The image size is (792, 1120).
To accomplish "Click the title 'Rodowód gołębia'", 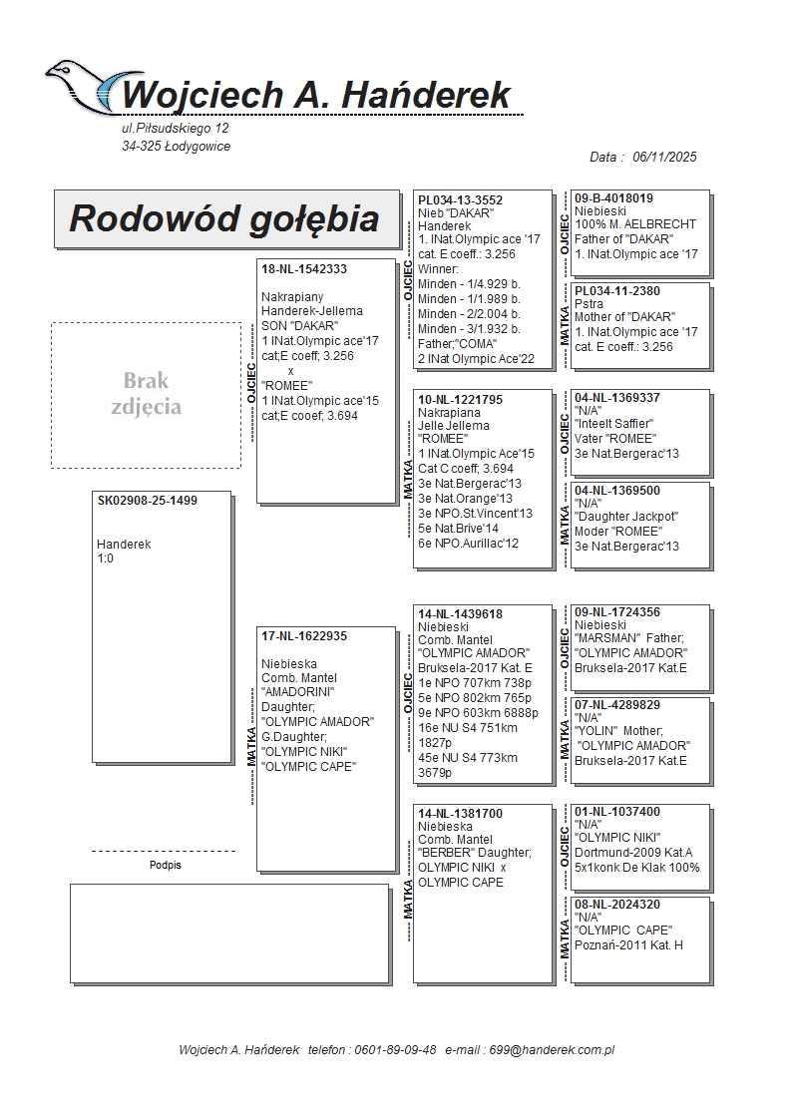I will click(223, 218).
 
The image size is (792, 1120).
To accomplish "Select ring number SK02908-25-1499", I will click(147, 501).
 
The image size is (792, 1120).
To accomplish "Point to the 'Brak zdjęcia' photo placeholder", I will click(146, 394).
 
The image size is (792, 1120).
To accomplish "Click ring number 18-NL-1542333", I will click(303, 269).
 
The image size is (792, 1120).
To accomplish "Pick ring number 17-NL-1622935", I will click(303, 635).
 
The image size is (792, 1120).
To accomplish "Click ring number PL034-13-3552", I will click(460, 200).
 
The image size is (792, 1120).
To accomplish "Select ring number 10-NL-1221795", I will click(460, 399).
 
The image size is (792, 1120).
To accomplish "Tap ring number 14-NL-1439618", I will click(460, 614).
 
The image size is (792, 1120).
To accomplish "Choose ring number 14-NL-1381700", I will click(460, 814).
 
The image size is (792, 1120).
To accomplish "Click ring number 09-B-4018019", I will click(613, 198).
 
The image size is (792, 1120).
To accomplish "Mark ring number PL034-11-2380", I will click(616, 291).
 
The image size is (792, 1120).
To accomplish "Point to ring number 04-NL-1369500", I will click(616, 491).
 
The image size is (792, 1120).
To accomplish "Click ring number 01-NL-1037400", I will click(616, 812).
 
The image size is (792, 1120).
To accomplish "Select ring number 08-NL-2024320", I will click(616, 905).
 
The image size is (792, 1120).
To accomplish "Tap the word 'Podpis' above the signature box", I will click(165, 866).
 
